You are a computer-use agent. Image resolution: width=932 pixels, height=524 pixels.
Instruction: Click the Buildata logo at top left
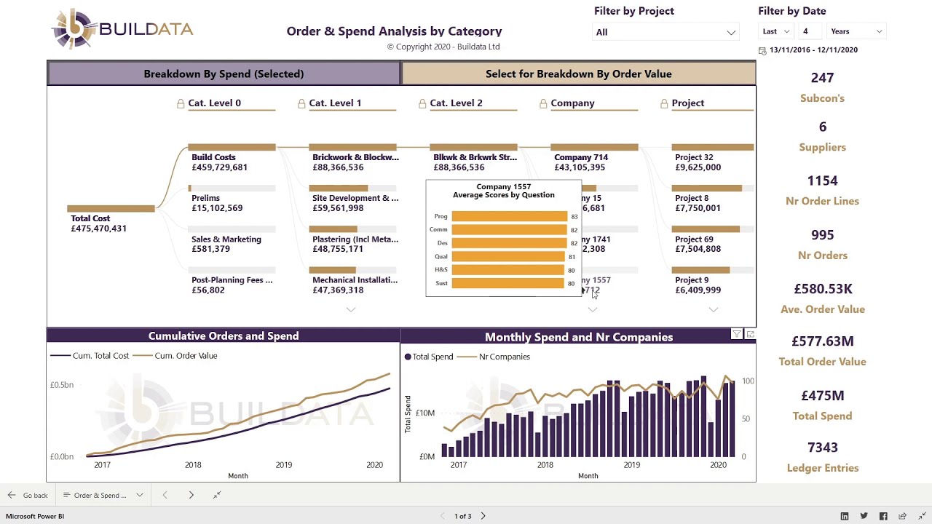tap(122, 30)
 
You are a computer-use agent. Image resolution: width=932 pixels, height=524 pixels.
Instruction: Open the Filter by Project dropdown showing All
tap(666, 32)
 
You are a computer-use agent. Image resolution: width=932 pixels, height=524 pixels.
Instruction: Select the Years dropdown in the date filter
tap(856, 31)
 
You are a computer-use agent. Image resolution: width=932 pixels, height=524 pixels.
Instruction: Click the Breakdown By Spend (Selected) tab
tap(224, 74)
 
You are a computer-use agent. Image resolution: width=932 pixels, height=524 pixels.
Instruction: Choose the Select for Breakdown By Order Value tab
tap(578, 74)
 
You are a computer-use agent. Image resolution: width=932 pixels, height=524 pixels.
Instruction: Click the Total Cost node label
tap(90, 218)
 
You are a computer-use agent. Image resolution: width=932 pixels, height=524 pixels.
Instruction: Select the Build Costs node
tap(213, 157)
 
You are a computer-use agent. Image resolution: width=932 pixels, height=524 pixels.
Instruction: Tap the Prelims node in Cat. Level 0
tap(205, 198)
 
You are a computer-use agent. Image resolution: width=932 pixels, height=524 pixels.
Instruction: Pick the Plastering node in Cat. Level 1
tap(355, 239)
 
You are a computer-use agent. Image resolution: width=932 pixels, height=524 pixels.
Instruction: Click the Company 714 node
tap(580, 157)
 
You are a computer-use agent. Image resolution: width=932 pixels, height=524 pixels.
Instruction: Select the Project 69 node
tap(693, 239)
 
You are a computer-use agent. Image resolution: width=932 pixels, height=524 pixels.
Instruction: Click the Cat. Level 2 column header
tap(456, 103)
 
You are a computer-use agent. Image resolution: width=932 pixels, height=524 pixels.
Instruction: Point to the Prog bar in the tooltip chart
tap(509, 216)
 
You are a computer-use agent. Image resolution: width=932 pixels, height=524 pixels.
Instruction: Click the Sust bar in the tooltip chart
tap(508, 283)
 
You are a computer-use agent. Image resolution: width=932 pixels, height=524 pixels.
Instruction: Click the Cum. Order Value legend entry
tap(185, 356)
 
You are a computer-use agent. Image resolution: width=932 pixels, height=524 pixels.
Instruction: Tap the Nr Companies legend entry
tap(504, 357)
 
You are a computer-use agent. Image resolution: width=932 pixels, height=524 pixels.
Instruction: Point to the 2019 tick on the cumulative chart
tap(283, 465)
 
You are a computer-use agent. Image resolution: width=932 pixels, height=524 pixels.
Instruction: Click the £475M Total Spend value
tap(822, 396)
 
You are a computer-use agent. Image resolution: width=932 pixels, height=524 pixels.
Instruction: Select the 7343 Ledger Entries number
tap(822, 448)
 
